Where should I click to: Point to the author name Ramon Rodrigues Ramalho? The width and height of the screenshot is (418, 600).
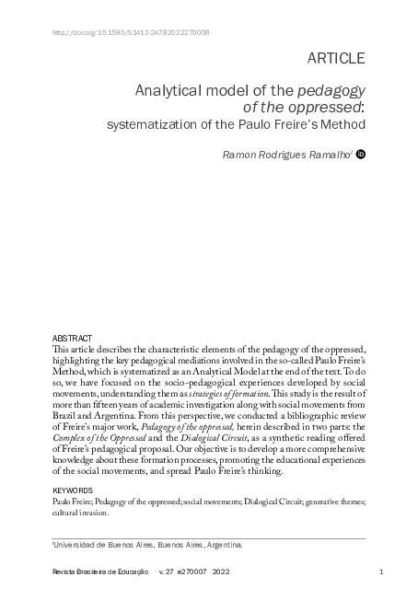tap(287, 156)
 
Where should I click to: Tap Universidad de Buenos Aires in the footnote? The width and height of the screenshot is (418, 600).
tap(101, 545)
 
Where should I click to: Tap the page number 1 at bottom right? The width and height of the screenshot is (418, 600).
tap(380, 573)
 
